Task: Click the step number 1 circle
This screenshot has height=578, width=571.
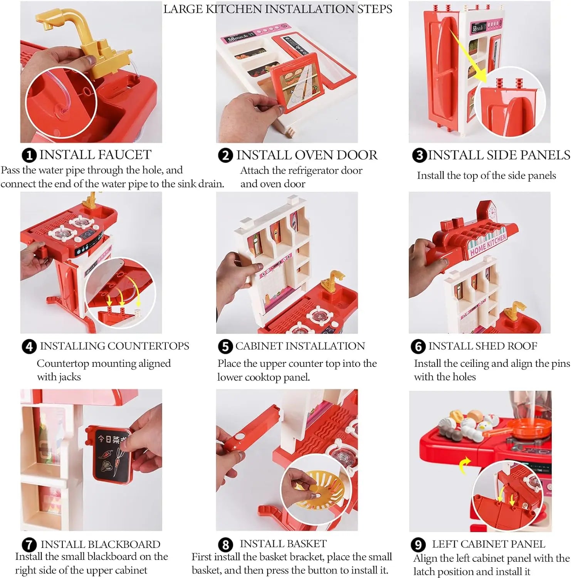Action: coord(29,155)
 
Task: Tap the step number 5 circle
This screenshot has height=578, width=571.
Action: coord(225,346)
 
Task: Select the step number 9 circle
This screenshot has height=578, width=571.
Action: coord(418,544)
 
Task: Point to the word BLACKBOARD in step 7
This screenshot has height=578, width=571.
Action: coord(124,544)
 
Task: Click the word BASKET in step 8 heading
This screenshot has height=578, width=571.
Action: coord(302,543)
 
